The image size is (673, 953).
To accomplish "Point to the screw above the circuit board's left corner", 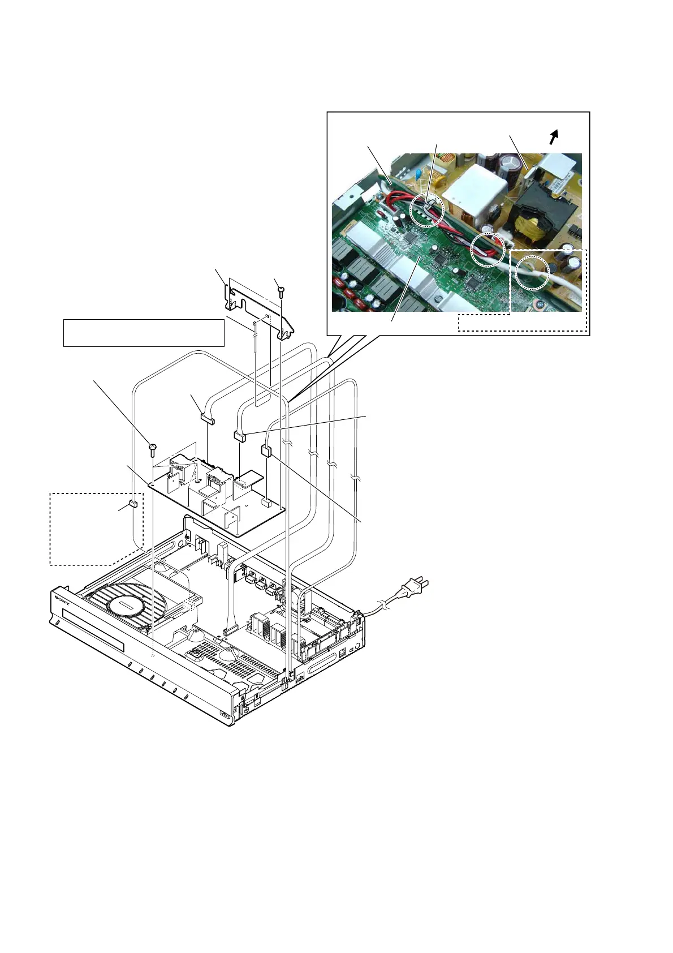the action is click(152, 449).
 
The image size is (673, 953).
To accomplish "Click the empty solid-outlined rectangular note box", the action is click(144, 332).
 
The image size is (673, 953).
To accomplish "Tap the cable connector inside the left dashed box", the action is click(133, 504).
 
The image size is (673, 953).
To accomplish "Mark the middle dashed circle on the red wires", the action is click(487, 248).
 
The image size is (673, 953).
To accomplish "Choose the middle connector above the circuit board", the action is click(240, 436).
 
